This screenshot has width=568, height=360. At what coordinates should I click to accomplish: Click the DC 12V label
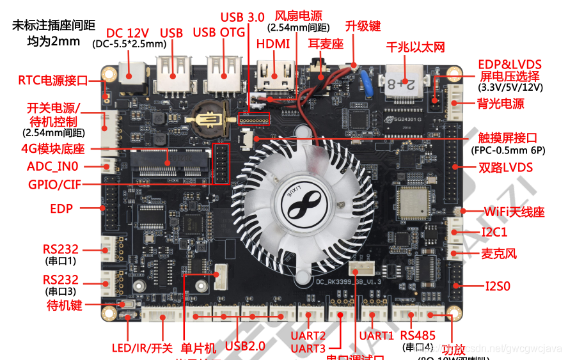tap(128, 33)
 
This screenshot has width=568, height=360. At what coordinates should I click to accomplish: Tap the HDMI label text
tap(273, 43)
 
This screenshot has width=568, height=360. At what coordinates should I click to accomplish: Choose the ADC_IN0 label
tap(53, 166)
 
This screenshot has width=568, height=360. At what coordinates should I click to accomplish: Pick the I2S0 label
tap(498, 286)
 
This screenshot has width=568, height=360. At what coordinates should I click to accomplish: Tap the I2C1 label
tap(494, 232)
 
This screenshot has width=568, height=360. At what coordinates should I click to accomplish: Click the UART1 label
tap(375, 335)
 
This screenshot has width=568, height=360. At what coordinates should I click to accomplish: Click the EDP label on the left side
tap(61, 208)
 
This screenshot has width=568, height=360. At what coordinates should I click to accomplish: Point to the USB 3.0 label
tap(242, 17)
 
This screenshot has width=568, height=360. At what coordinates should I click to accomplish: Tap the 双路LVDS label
tap(506, 168)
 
